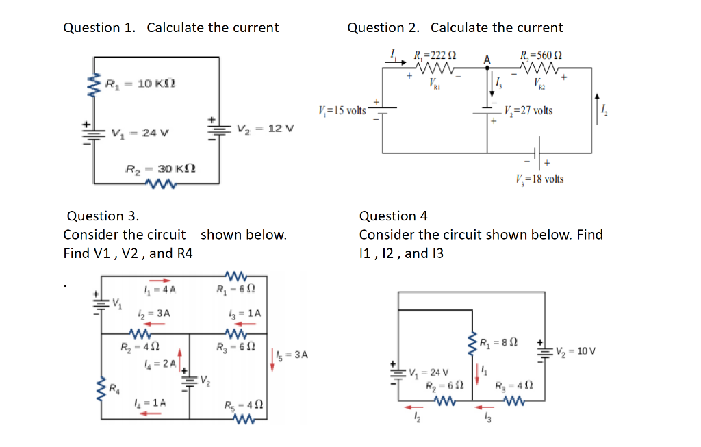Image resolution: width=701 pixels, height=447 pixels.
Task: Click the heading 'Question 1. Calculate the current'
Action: (170, 28)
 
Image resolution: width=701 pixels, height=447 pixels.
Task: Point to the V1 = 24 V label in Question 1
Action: (136, 133)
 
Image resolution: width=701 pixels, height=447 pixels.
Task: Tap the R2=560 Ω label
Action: (541, 55)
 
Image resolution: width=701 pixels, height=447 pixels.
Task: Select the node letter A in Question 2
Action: (487, 60)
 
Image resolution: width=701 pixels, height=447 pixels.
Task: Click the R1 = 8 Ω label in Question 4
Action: (500, 342)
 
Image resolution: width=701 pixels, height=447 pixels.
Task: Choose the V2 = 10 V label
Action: (577, 351)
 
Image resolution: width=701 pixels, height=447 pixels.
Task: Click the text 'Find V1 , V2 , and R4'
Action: (128, 253)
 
